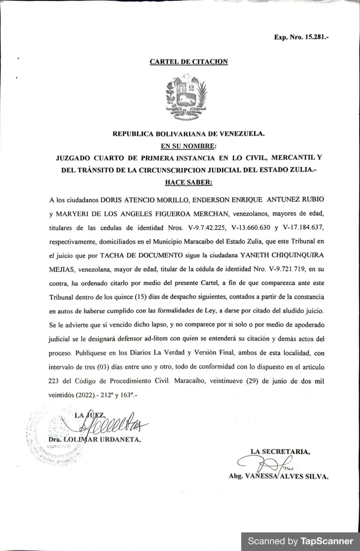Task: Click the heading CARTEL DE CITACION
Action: (x=189, y=62)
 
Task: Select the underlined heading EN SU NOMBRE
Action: (x=189, y=146)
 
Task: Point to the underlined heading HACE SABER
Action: (x=189, y=182)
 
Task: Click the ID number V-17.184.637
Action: (x=307, y=227)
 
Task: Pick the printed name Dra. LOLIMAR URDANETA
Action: (x=93, y=440)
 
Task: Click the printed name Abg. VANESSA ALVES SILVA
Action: (x=279, y=477)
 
